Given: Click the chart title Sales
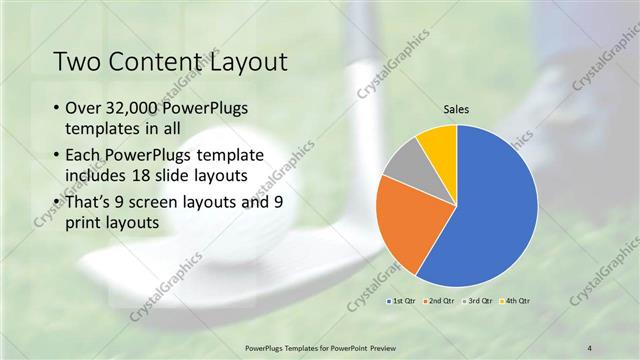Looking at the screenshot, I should pos(455,111).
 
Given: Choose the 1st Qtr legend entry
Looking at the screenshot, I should pos(402,299).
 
